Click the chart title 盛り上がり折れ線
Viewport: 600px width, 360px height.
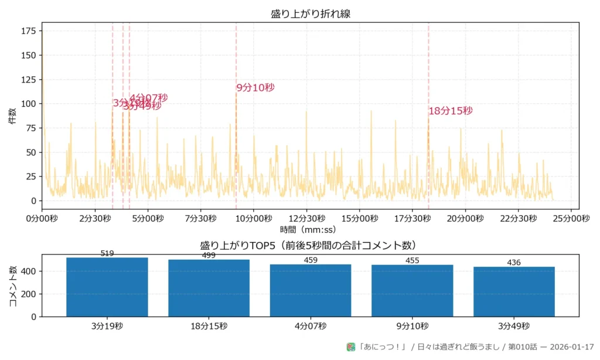pos(311,13)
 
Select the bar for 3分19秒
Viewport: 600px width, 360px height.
pos(107,287)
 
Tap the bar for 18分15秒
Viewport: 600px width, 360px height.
pos(209,288)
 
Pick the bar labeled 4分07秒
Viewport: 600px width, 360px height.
pos(311,291)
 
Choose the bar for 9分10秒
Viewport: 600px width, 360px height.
pos(412,291)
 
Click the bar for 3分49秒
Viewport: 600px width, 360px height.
pos(514,292)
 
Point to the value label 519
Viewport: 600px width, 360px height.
pos(107,254)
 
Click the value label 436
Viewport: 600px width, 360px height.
pos(514,263)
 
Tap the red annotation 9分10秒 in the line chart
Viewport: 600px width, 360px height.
pos(255,88)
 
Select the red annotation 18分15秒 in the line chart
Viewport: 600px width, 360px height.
pos(451,111)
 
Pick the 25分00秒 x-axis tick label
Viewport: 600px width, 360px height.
pos(572,219)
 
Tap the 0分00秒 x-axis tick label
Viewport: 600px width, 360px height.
pos(42,219)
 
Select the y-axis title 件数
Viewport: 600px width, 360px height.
pos(12,116)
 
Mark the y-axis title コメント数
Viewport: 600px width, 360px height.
pos(12,286)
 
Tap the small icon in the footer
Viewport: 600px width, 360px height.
pos(351,347)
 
